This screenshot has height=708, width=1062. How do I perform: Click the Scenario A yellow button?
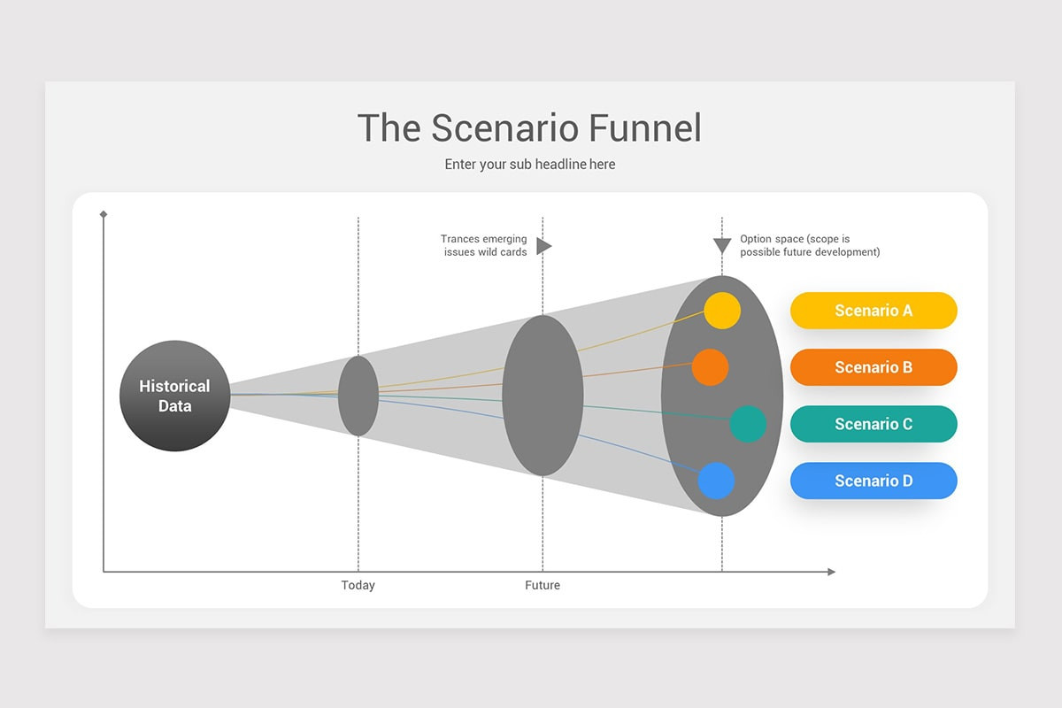(x=873, y=311)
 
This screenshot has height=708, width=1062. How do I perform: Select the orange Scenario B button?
(x=873, y=367)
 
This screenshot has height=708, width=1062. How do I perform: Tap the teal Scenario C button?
(x=873, y=424)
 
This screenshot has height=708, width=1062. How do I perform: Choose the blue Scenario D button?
(x=873, y=481)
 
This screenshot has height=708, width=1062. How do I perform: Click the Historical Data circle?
(x=174, y=396)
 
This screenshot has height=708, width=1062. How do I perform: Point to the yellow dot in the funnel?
(x=722, y=310)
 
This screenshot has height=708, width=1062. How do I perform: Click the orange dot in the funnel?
(x=710, y=366)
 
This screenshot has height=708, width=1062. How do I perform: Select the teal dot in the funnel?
(x=748, y=424)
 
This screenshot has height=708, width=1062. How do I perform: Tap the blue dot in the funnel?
(x=716, y=481)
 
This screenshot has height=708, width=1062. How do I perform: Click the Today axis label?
(x=358, y=585)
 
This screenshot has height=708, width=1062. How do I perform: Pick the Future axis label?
(x=542, y=585)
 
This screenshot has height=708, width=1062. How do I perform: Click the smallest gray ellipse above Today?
(x=358, y=396)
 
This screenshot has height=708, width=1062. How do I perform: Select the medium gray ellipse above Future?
(x=542, y=396)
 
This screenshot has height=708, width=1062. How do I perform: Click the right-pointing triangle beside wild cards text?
(x=543, y=246)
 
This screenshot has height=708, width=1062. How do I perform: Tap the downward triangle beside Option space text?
(x=722, y=246)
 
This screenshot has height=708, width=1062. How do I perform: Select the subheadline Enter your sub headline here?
(x=529, y=165)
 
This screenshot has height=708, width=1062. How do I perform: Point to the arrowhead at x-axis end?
(x=831, y=572)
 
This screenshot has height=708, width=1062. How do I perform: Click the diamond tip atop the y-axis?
(x=104, y=214)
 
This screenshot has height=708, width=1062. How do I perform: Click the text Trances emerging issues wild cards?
(x=483, y=245)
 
